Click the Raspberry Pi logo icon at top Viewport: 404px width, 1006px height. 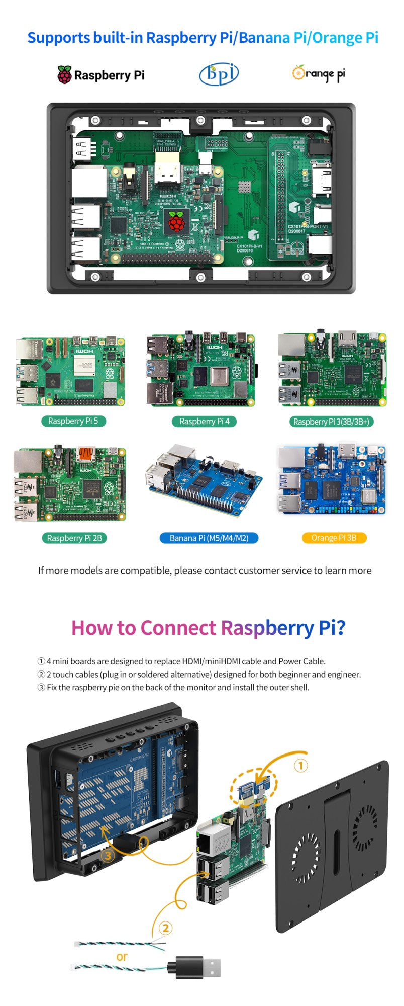pyautogui.click(x=64, y=75)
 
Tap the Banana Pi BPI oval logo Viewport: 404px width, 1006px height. pyautogui.click(x=219, y=74)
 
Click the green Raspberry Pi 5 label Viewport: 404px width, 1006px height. pyautogui.click(x=73, y=421)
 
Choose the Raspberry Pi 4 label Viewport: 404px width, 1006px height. pyautogui.click(x=204, y=422)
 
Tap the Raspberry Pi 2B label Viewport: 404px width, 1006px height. pyautogui.click(x=74, y=538)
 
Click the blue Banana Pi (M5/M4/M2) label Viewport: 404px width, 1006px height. pyautogui.click(x=209, y=538)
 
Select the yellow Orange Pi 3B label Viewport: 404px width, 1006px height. pyautogui.click(x=334, y=538)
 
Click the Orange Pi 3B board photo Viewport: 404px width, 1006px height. pyautogui.click(x=332, y=480)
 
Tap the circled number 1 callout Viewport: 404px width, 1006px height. pyautogui.click(x=300, y=766)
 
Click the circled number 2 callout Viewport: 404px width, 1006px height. pyautogui.click(x=165, y=928)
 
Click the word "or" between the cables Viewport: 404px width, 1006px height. pyautogui.click(x=122, y=957)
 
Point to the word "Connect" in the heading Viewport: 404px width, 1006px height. pyautogui.click(x=178, y=628)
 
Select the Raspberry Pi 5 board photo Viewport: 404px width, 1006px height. pyautogui.click(x=70, y=371)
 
